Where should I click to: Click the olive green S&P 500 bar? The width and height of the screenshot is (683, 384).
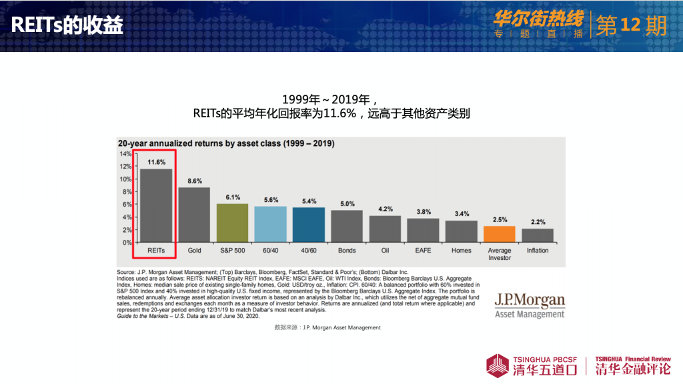point(233,223)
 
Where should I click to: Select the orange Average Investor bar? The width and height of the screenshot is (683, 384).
point(500,234)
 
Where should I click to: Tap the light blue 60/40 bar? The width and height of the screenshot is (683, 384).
point(271,224)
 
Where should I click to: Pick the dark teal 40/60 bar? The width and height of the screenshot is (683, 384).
point(309,225)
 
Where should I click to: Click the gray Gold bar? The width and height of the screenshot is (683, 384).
point(194,215)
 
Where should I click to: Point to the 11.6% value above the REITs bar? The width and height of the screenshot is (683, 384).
point(157,162)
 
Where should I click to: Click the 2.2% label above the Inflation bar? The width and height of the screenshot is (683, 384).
point(538,222)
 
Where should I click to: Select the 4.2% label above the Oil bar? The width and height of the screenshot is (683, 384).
point(386,209)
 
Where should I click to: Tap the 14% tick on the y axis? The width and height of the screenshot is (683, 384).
point(126,154)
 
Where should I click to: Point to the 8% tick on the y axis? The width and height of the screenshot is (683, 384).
point(127,192)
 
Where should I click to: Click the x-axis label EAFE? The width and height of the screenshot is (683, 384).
point(423,251)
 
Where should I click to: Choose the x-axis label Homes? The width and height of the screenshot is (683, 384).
point(461,251)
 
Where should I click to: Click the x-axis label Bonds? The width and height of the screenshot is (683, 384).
point(347,251)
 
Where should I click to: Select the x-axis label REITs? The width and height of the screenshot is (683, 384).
point(156,251)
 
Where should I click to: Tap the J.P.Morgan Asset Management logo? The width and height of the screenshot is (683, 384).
point(529,306)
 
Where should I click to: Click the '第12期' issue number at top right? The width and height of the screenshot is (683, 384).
point(630,25)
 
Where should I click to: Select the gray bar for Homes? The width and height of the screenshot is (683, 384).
point(462,231)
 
